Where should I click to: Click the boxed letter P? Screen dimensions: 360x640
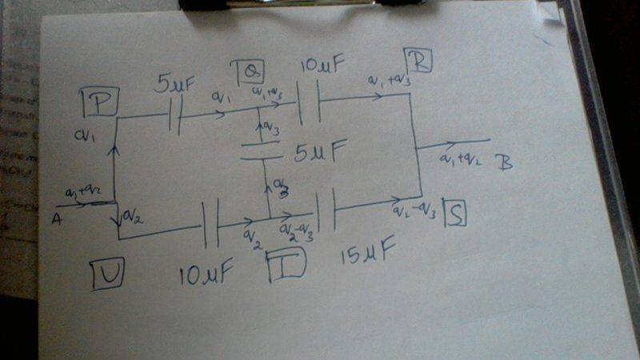[x=100, y=101]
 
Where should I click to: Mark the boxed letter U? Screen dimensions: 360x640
[x=108, y=274]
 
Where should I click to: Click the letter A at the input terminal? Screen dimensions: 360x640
[x=57, y=218]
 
